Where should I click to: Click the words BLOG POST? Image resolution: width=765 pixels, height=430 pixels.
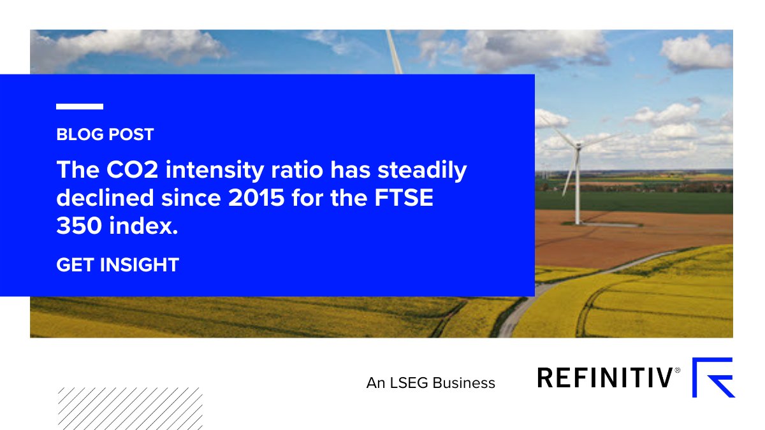coord(105,134)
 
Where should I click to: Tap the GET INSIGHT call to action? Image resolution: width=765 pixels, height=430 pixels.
coord(117,265)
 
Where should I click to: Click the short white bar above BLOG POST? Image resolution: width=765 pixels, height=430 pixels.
coord(80,107)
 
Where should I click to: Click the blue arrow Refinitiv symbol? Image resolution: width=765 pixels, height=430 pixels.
coord(713,377)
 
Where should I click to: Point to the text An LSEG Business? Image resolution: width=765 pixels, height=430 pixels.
coord(430,383)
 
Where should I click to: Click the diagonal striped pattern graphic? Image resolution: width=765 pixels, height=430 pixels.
coord(130,408)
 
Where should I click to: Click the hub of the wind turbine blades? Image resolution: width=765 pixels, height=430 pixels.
coord(578,147)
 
